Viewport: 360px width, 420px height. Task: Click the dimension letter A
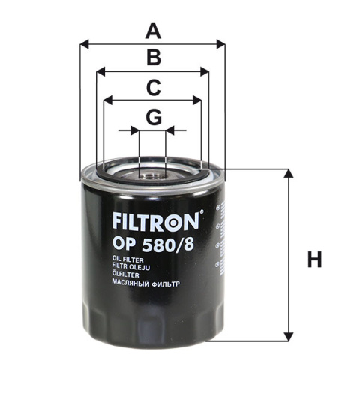coord(153,31)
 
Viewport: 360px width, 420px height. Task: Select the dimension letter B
coord(153,58)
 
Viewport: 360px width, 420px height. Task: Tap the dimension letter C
coord(153,88)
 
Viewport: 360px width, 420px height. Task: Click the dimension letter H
coord(314,260)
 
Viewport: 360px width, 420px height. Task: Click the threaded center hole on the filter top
coord(152,178)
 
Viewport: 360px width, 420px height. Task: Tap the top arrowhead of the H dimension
coord(287,172)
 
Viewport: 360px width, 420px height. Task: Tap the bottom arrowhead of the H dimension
coord(287,337)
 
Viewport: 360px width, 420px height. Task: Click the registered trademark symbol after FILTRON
coord(201,215)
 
